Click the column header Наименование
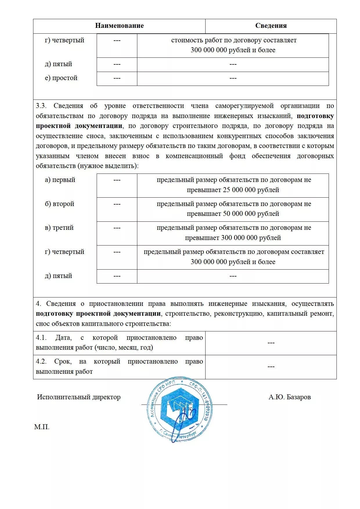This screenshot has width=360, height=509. (x=119, y=26)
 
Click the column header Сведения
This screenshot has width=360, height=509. (x=271, y=26)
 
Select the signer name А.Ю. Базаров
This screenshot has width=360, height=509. (x=289, y=397)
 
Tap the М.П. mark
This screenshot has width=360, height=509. (x=42, y=427)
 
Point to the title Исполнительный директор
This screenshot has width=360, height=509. (x=79, y=397)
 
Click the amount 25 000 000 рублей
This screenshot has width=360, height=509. (x=251, y=190)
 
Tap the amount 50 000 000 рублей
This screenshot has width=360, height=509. (x=251, y=214)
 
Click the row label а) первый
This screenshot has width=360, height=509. (x=60, y=180)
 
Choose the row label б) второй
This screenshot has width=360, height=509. (x=60, y=204)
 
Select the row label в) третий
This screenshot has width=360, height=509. (x=59, y=228)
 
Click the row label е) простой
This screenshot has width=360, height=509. (x=61, y=78)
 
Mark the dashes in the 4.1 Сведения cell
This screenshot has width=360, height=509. (x=271, y=343)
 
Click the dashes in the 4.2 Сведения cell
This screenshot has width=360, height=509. (x=271, y=367)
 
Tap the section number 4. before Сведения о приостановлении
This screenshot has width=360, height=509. (x=39, y=304)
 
